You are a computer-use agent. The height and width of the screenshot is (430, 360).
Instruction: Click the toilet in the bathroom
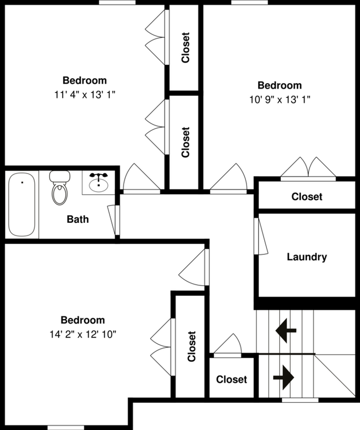click(x=59, y=188)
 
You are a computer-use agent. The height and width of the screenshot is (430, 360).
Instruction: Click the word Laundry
click(x=307, y=257)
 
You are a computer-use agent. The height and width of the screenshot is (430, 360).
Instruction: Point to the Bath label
click(x=78, y=219)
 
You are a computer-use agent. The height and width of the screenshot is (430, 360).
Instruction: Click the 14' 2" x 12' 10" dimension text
click(x=83, y=334)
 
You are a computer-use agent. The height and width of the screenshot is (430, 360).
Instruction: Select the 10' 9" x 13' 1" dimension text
click(x=280, y=100)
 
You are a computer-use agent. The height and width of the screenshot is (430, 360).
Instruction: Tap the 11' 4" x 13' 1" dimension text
click(x=84, y=95)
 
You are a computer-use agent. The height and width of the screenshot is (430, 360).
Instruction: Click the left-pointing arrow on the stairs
click(x=286, y=330)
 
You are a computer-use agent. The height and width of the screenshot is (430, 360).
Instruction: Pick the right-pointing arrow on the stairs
click(x=284, y=377)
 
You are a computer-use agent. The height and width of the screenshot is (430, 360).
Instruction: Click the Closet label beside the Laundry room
click(x=307, y=197)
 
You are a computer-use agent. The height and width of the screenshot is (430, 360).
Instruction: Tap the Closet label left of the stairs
click(x=232, y=379)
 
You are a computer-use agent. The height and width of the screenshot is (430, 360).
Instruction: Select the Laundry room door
click(x=260, y=236)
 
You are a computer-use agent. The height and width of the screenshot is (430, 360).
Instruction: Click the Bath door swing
click(x=113, y=220)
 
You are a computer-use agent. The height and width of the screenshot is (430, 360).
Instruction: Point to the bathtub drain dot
click(x=22, y=182)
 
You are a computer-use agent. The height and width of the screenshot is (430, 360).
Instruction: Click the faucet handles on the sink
click(x=99, y=176)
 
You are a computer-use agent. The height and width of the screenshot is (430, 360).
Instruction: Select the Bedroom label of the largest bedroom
click(x=83, y=320)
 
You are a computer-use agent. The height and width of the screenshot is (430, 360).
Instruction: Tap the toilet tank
click(x=59, y=177)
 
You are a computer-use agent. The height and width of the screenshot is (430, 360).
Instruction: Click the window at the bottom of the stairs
click(x=300, y=400)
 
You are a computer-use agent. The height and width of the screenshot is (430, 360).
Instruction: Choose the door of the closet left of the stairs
click(x=228, y=346)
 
